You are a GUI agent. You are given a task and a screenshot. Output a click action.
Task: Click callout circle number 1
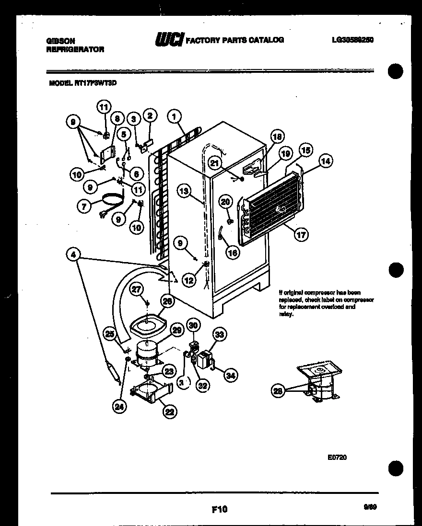pos(175,115)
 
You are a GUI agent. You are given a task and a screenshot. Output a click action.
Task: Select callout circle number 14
pos(326,161)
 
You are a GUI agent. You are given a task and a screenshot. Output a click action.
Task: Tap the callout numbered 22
pos(168,411)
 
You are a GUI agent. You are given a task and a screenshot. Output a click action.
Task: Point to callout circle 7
pos(84,206)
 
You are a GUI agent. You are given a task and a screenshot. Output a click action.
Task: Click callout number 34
pos(231,376)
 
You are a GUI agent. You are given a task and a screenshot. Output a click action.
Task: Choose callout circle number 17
pos(302,234)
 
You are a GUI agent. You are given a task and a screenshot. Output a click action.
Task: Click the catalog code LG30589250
pos(352,40)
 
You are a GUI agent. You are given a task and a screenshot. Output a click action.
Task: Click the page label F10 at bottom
pos(219,509)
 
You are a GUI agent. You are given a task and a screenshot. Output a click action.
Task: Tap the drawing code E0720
pos(337,457)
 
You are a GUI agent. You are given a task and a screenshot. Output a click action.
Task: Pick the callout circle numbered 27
pos(137,289)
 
